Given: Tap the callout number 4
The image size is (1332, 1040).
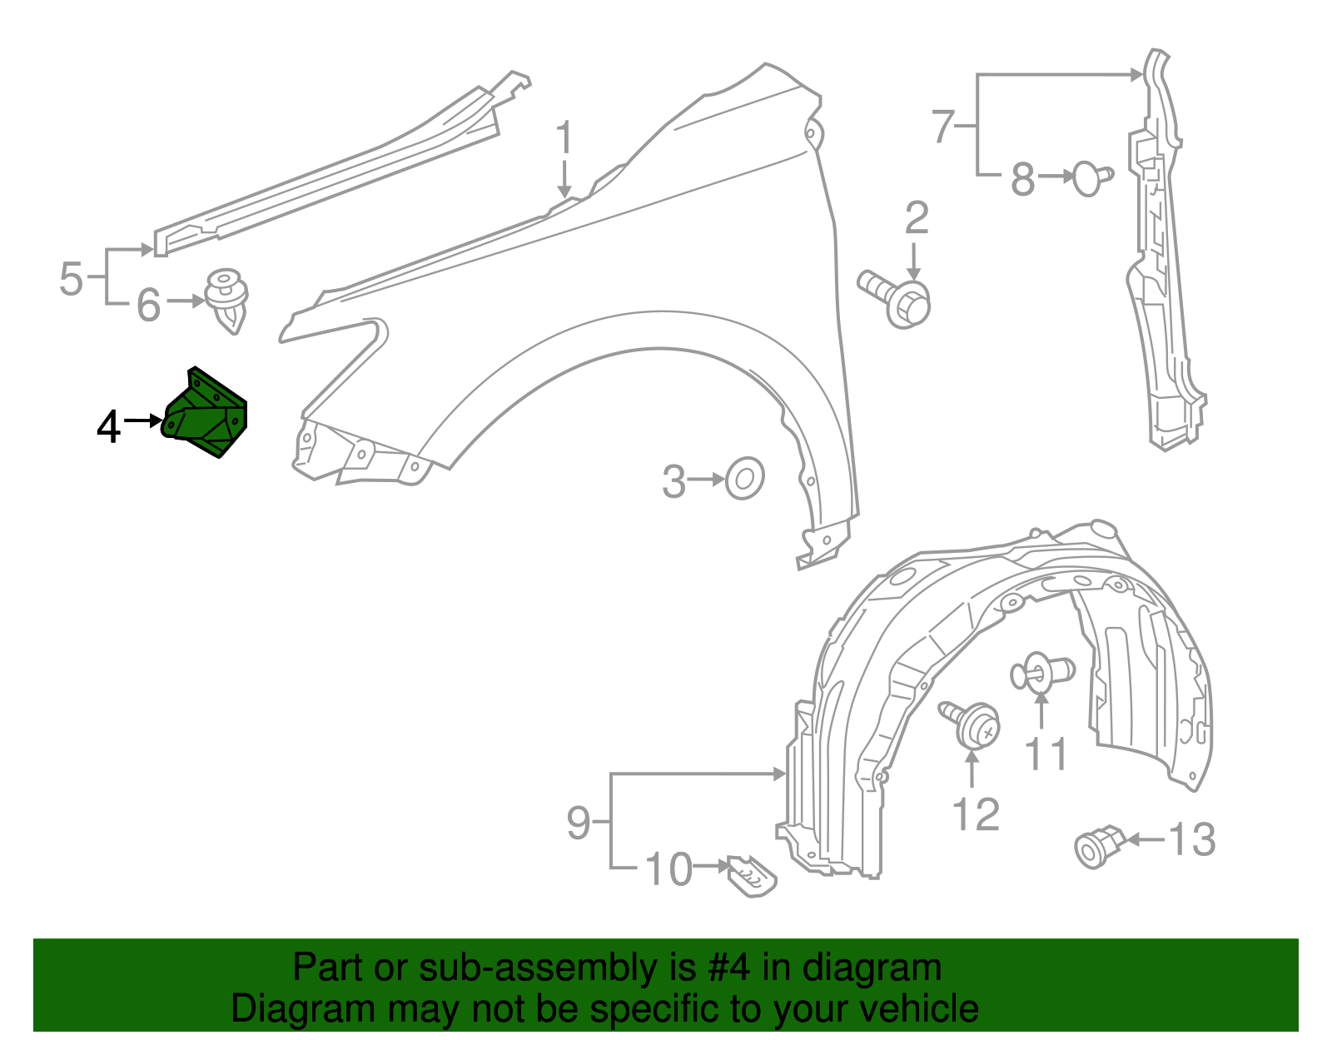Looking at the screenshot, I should point(108,427).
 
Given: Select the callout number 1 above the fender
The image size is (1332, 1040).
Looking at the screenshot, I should point(564,137).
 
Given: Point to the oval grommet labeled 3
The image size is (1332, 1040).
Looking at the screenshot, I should point(744,478).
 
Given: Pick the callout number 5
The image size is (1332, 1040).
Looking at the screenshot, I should point(72,278).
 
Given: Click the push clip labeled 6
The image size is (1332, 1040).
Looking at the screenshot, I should point(226,300).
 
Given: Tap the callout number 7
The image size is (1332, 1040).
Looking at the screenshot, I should point(942,127).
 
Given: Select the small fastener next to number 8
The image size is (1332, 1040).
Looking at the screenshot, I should point(1091,177).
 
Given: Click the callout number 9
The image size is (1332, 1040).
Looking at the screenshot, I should point(579,823).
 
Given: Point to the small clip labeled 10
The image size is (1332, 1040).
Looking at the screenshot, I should point(751,876).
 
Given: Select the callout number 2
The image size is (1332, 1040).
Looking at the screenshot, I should point(916,218).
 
